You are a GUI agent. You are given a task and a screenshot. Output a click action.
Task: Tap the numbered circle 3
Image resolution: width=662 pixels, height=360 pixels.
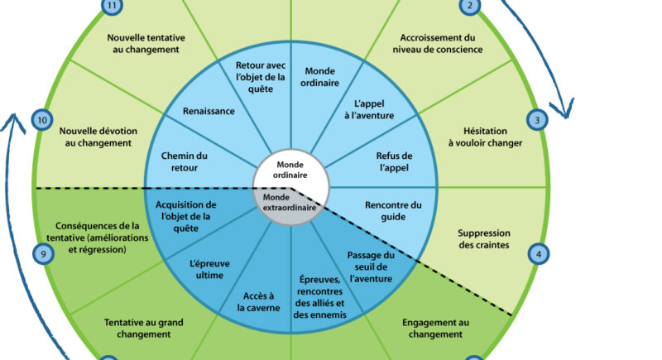pos(537,121)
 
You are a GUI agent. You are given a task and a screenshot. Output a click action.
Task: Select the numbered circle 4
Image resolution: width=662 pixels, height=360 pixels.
pos(539,254)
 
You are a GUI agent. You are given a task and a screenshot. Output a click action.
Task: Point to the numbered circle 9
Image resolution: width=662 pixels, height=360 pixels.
pos(43,254)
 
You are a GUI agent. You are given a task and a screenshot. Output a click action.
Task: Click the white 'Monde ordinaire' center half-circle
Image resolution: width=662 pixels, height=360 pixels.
pos(291,168)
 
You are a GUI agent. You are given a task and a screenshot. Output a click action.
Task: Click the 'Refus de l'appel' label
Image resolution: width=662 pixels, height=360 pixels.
pos(394,162)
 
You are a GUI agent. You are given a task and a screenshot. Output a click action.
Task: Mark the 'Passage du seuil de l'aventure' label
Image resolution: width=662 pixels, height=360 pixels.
pos(369,266)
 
